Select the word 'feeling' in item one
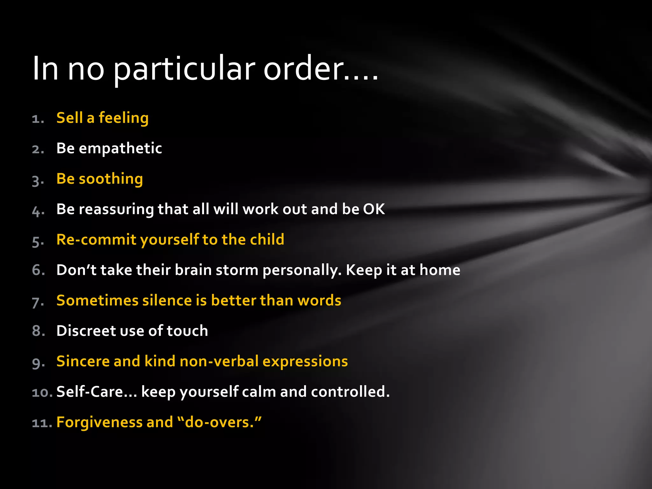point(124,118)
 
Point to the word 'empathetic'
point(120,148)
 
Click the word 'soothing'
point(111,179)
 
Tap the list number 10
point(42,392)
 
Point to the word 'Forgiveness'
point(99,422)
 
